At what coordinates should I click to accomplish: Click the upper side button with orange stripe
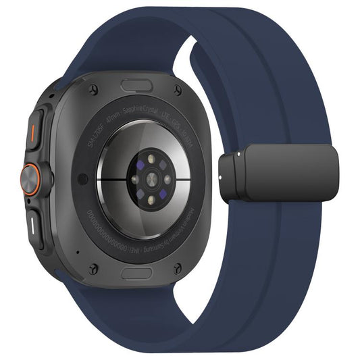click(x=34, y=128)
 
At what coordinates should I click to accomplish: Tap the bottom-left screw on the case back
click(x=94, y=268)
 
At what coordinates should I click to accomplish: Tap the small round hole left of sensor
click(x=82, y=178)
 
